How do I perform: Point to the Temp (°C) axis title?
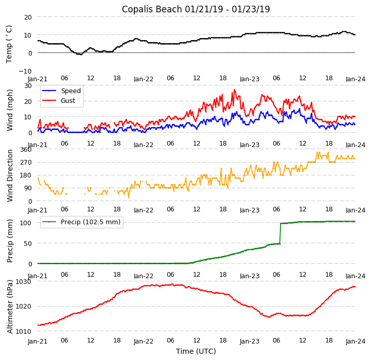click(x=9, y=44)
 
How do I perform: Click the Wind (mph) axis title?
click(x=9, y=109)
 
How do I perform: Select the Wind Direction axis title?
click(x=9, y=175)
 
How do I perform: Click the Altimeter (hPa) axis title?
click(x=9, y=307)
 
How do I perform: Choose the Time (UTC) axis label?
click(x=196, y=351)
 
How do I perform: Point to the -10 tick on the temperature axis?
click(x=26, y=71)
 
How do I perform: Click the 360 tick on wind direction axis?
click(x=26, y=149)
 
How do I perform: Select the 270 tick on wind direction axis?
click(x=26, y=163)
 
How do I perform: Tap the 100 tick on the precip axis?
click(x=26, y=223)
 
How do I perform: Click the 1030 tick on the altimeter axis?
click(x=24, y=281)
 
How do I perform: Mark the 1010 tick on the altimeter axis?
click(x=24, y=331)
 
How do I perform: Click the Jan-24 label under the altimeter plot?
click(x=355, y=341)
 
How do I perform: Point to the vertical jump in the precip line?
click(x=280, y=233)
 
